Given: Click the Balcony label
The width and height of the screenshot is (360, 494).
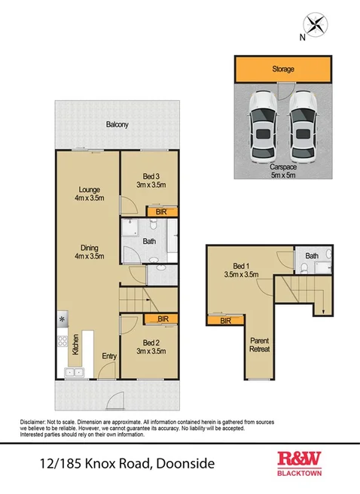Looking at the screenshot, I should [116, 124].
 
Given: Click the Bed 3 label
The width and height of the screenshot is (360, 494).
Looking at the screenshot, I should [148, 179].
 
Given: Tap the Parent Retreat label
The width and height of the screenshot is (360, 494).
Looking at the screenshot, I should [259, 345].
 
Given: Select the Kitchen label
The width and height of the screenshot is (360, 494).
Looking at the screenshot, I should [75, 344].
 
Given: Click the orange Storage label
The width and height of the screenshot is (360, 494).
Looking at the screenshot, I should [283, 69].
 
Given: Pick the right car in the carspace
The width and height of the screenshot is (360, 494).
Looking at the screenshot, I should [303, 123].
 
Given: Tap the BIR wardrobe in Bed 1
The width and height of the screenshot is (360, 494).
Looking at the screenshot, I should [224, 322].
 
